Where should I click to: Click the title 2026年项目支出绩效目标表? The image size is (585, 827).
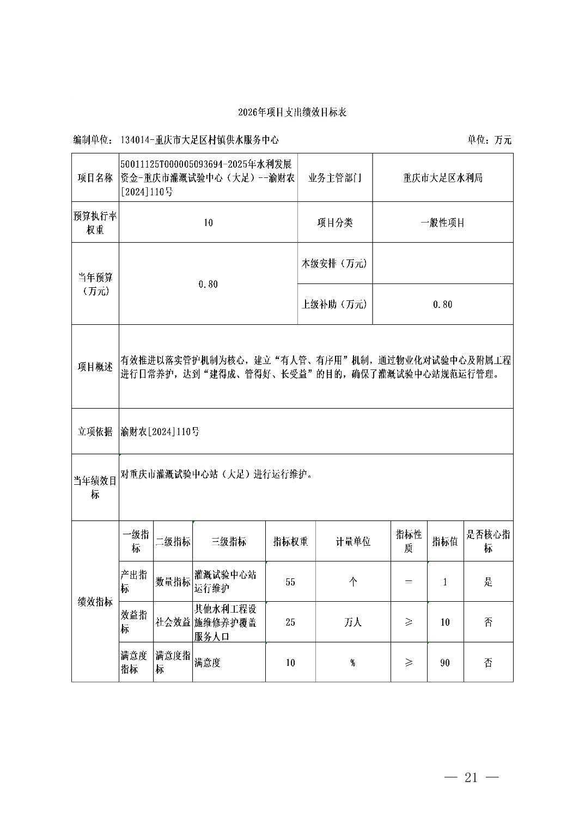[292, 113]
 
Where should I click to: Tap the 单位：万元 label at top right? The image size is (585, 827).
[489, 140]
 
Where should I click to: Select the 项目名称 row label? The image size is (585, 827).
[95, 178]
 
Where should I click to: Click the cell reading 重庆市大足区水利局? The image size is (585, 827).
[442, 178]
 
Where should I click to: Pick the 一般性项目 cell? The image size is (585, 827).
[442, 223]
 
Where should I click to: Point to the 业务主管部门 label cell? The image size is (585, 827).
[334, 178]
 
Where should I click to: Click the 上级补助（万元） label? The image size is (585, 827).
[334, 304]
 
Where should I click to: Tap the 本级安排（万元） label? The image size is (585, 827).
[334, 263]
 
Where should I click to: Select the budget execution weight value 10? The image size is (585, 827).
[208, 223]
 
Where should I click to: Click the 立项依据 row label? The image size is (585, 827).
[95, 431]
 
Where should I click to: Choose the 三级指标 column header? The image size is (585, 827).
[229, 541]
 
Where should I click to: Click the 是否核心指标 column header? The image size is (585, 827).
[488, 541]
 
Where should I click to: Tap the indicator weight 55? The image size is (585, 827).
[290, 582]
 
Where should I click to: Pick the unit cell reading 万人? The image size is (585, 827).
[352, 622]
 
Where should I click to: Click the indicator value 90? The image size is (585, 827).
[445, 663]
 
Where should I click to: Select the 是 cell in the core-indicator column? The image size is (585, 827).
[488, 582]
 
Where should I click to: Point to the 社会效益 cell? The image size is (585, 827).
[173, 622]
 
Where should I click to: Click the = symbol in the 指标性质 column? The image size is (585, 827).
[409, 582]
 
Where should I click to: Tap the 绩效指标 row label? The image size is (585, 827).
[95, 602]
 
